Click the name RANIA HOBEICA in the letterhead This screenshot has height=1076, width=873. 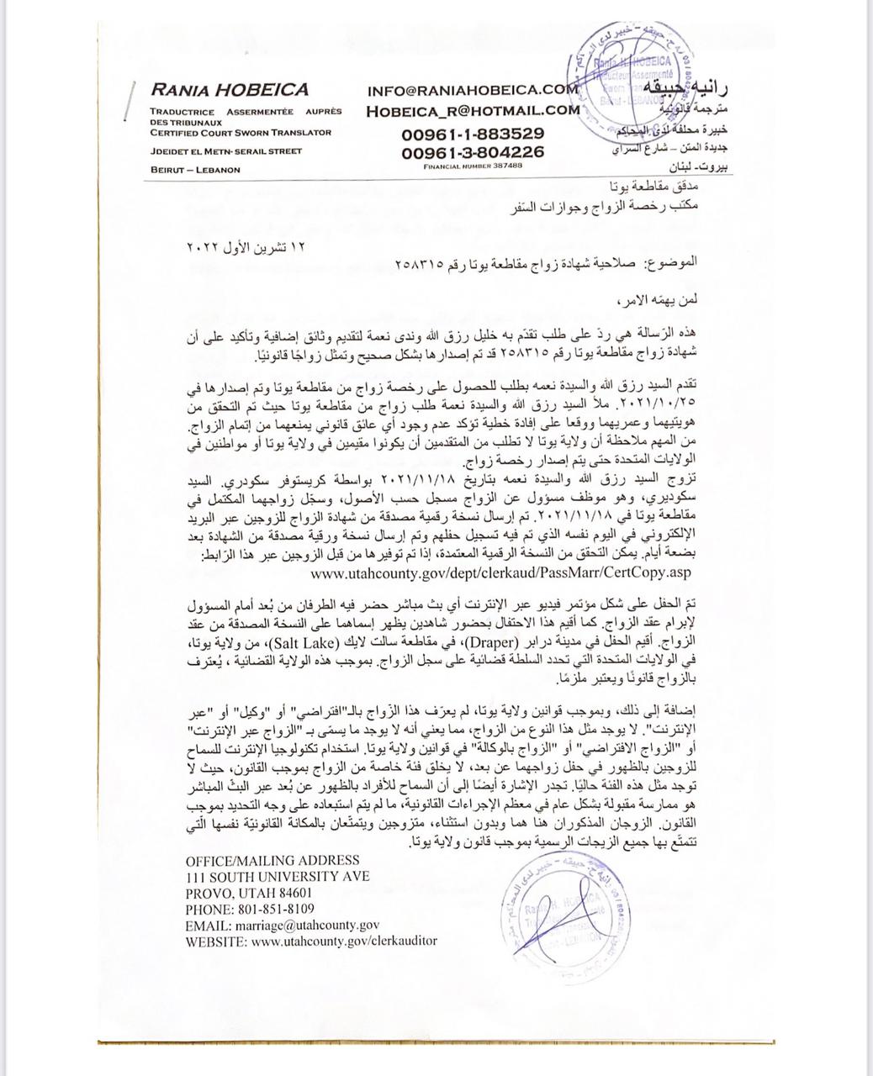pyautogui.click(x=230, y=90)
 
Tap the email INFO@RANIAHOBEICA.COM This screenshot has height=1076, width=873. pyautogui.click(x=472, y=89)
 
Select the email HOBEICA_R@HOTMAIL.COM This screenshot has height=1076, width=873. pyautogui.click(x=473, y=109)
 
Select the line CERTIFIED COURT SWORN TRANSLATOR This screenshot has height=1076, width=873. pyautogui.click(x=241, y=132)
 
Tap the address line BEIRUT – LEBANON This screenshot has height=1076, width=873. pyautogui.click(x=195, y=169)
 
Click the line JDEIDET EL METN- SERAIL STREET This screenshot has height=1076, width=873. pyautogui.click(x=225, y=151)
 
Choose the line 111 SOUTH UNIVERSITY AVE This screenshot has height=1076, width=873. pyautogui.click(x=277, y=876)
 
